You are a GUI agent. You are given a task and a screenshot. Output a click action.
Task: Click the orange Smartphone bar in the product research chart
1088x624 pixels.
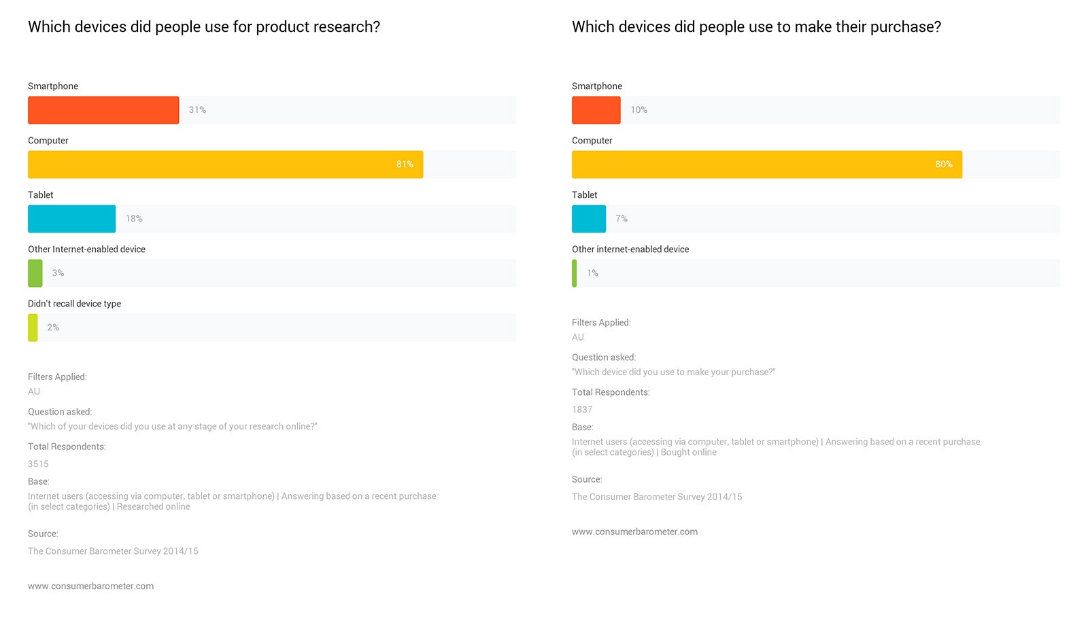pyautogui.click(x=103, y=110)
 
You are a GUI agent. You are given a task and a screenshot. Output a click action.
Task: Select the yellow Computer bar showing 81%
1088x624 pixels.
pyautogui.click(x=225, y=164)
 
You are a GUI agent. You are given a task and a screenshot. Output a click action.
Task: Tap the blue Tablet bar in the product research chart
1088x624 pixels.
pyautogui.click(x=71, y=219)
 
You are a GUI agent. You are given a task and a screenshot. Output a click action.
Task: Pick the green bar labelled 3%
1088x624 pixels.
pyautogui.click(x=35, y=273)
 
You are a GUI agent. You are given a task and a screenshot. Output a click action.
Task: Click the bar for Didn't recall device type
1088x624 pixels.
pyautogui.click(x=33, y=328)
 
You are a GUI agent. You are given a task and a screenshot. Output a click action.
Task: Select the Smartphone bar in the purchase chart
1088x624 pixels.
pyautogui.click(x=596, y=110)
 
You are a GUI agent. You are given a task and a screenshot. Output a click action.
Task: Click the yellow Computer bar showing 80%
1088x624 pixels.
pyautogui.click(x=766, y=164)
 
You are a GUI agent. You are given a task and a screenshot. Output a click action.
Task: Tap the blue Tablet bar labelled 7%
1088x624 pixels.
pyautogui.click(x=588, y=219)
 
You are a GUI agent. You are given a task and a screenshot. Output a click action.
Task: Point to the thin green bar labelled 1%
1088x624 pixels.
pyautogui.click(x=575, y=273)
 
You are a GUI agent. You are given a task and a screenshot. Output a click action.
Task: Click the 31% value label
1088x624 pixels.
pyautogui.click(x=197, y=110)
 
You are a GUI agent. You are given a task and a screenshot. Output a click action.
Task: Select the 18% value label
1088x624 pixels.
pyautogui.click(x=134, y=219)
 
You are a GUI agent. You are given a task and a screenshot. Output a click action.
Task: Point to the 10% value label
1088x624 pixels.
pyautogui.click(x=639, y=110)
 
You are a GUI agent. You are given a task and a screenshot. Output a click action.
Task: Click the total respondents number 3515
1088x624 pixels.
pyautogui.click(x=38, y=464)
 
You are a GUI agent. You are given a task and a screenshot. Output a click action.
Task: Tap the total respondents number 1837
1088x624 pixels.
pyautogui.click(x=582, y=410)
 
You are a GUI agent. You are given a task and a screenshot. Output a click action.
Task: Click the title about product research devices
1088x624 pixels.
pyautogui.click(x=204, y=27)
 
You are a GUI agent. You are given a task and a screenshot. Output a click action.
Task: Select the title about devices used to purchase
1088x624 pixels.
pyautogui.click(x=756, y=27)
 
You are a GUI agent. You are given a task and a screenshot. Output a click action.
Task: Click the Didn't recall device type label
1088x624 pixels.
pyautogui.click(x=74, y=304)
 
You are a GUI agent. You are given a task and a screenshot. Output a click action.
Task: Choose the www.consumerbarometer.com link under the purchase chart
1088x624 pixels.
pyautogui.click(x=634, y=532)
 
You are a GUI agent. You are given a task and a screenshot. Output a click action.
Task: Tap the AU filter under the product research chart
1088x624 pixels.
pyautogui.click(x=34, y=392)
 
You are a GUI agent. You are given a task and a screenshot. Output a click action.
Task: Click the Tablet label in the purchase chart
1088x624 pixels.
pyautogui.click(x=584, y=195)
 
